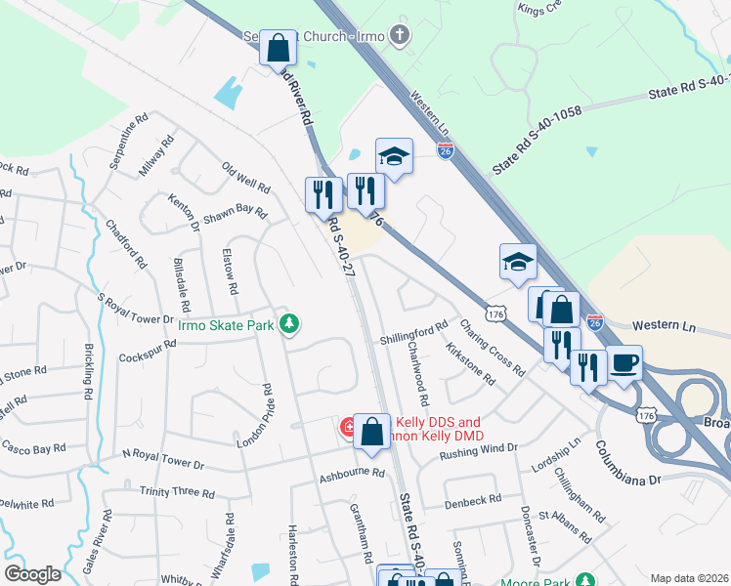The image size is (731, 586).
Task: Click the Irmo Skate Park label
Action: coord(227,325)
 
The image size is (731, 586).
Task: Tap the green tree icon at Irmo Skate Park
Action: coord(289,323)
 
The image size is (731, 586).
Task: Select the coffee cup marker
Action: coord(624,363)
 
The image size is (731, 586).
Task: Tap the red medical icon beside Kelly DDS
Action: coord(347,427)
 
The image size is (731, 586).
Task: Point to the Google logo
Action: coord(32,574)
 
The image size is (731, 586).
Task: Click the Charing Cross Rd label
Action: coord(492,347)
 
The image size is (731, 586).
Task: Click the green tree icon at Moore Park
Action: coord(584,578)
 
